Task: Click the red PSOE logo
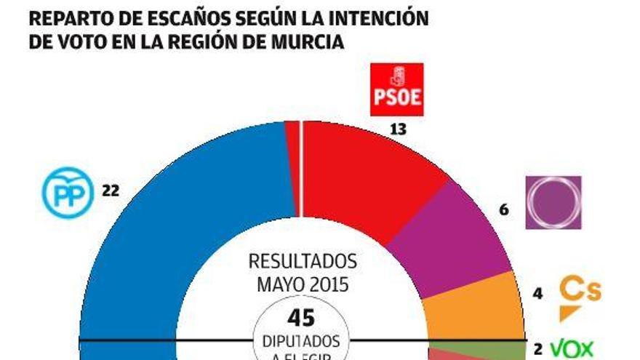click(397, 90)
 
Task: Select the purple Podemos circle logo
click(553, 202)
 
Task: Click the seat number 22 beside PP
click(111, 191)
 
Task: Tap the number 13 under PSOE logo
click(397, 129)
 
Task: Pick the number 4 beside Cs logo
click(538, 295)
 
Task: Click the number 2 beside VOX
click(538, 348)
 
